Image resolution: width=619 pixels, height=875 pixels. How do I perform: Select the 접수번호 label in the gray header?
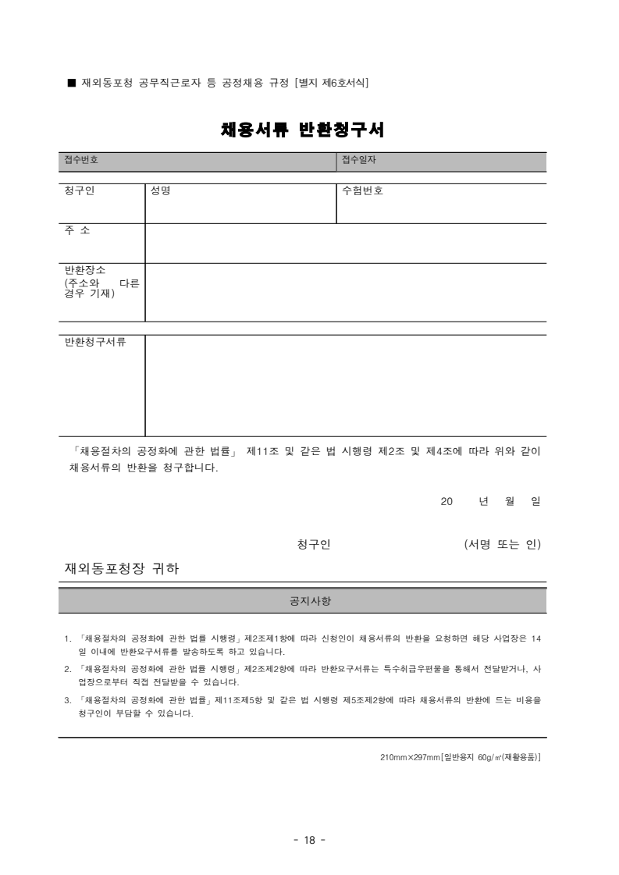tap(80, 161)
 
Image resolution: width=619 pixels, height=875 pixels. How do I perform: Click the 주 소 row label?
tap(78, 230)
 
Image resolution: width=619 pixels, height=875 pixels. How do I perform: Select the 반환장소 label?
tap(84, 270)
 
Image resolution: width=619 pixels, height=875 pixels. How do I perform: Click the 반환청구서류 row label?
tap(94, 343)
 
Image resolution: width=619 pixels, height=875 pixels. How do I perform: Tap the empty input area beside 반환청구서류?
tap(345, 386)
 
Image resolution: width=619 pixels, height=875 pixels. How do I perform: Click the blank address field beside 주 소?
tap(345, 243)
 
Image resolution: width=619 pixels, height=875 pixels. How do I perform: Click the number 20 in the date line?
tap(447, 502)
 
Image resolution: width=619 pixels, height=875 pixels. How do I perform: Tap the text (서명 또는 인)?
tap(502, 544)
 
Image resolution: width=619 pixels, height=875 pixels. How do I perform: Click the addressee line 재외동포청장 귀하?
tap(121, 569)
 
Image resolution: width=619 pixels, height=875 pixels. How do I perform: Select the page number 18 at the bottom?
tap(309, 840)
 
